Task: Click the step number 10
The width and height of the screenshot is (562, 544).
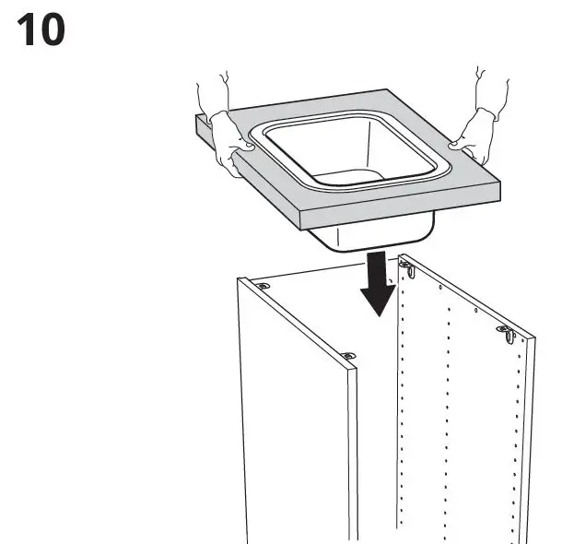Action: point(41,30)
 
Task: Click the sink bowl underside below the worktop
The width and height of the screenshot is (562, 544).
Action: point(369,236)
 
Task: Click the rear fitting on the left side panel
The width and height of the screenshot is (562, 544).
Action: point(265,286)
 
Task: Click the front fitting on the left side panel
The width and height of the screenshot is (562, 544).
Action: point(348,355)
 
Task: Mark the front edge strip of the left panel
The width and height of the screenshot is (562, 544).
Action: point(353,452)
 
